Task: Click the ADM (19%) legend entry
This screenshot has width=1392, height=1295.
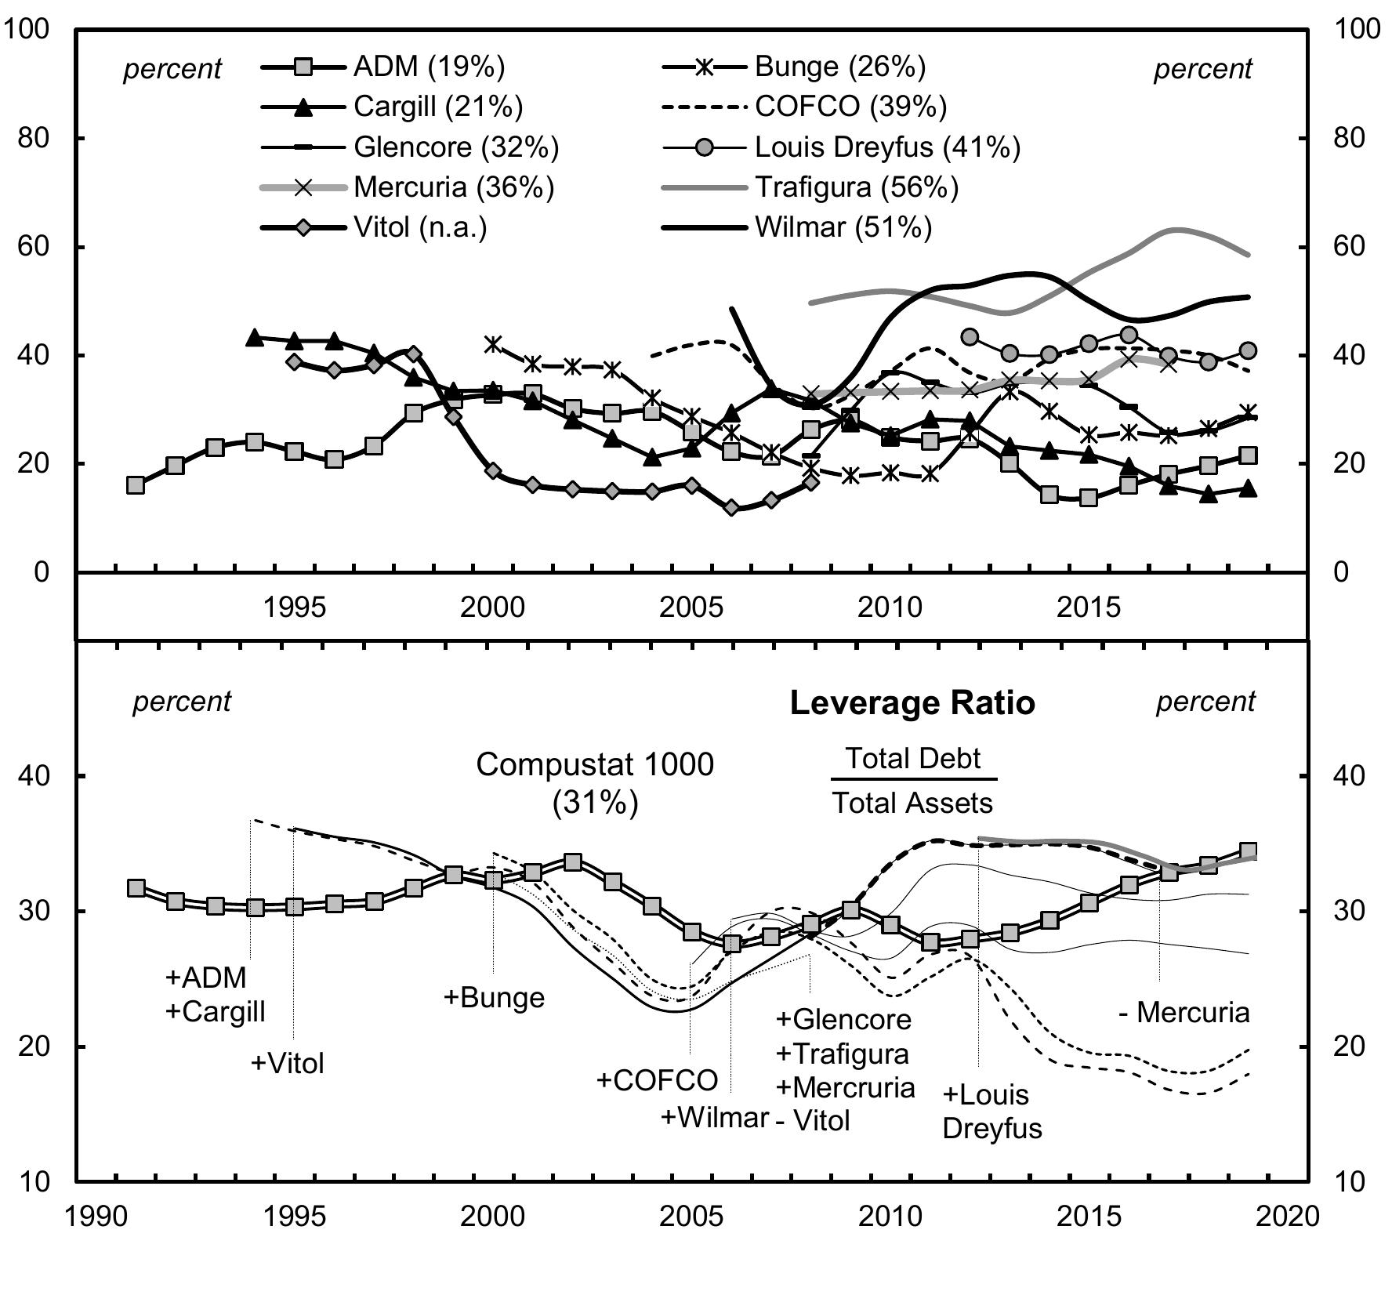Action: [x=429, y=67]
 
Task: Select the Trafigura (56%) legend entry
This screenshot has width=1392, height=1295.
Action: [x=856, y=187]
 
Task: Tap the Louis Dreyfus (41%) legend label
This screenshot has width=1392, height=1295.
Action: [x=887, y=147]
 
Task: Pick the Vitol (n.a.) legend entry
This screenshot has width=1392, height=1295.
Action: [x=420, y=228]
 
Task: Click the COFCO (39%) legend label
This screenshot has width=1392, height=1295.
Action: [x=850, y=107]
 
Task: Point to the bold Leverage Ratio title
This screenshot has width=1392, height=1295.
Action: [x=912, y=703]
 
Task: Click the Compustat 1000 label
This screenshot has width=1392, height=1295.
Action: [x=595, y=764]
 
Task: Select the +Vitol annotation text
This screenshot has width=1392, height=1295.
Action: [x=287, y=1064]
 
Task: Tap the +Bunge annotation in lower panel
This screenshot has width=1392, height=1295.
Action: [x=494, y=998]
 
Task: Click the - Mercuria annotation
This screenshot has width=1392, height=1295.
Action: [x=1184, y=1013]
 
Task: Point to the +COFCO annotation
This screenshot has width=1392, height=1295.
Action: [x=657, y=1080]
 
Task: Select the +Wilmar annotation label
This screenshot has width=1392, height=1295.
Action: [x=714, y=1117]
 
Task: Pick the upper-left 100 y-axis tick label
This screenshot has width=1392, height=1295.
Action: [x=27, y=29]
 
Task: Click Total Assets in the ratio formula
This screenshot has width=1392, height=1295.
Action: [x=912, y=803]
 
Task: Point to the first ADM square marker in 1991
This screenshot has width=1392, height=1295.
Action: [x=136, y=485]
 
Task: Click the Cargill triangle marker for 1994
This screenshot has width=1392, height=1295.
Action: [x=254, y=338]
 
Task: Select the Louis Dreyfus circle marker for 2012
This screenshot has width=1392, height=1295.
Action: [x=970, y=337]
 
